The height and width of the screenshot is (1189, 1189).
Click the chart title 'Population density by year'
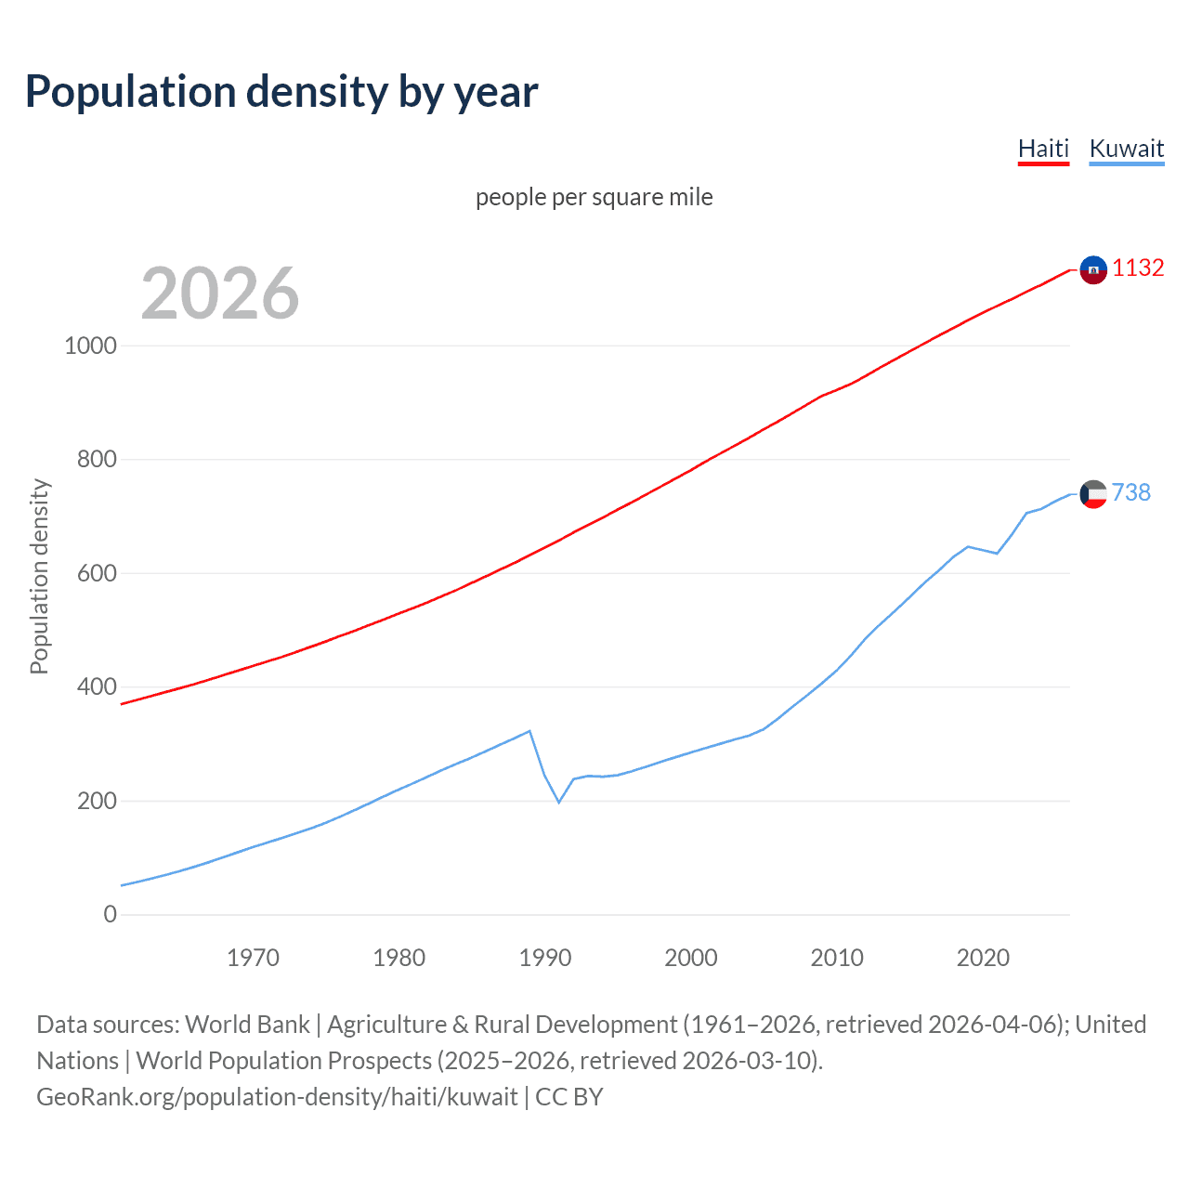point(281,92)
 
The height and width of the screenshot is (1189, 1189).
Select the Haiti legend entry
point(1043,149)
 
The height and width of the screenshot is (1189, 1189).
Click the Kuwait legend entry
point(1126,149)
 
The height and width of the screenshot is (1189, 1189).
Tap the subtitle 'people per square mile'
point(594,197)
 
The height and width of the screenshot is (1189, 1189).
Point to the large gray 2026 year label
point(220,294)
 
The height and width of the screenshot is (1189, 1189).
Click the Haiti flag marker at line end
point(1093,269)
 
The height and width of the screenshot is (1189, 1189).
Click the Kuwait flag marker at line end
point(1093,493)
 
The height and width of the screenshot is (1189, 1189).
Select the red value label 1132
point(1138,268)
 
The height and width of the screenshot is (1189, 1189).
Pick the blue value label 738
point(1130,492)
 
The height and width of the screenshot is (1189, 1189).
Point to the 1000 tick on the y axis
point(91,346)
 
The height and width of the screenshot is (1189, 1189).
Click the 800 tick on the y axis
point(97,460)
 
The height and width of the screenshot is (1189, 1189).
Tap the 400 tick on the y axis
point(97,687)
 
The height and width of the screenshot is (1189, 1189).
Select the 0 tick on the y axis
point(111,915)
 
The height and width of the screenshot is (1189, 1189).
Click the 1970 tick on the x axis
point(253,958)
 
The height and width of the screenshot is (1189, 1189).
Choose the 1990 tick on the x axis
point(545,958)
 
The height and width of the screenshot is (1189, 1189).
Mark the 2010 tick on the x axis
point(837,958)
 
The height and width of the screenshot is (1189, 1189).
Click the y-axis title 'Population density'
point(39,576)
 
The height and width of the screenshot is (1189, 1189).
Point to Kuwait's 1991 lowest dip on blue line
point(559,802)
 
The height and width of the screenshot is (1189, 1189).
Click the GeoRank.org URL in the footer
point(277,1097)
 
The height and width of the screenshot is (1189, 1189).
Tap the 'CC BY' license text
point(569,1097)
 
